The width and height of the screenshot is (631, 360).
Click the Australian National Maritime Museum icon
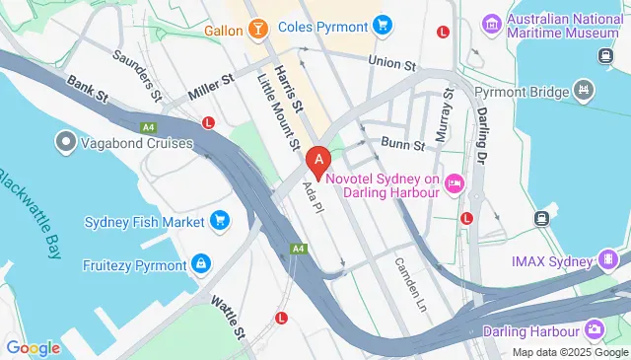490,23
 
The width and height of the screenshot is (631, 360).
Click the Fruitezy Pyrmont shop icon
201,264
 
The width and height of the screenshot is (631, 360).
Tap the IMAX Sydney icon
611,259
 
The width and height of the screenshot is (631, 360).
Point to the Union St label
391,62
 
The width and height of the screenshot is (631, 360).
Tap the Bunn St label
402,145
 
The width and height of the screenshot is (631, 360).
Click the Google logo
34,347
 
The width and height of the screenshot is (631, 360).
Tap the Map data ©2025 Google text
570,352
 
